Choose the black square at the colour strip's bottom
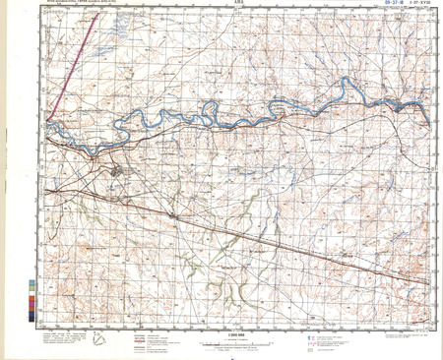click(36, 317)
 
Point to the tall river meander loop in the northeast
click(342, 91)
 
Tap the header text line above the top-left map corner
click(79, 8)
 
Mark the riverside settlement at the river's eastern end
click(397, 108)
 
